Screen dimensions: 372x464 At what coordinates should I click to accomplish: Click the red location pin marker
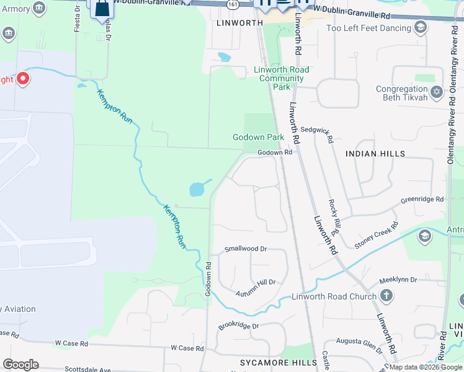[23, 78]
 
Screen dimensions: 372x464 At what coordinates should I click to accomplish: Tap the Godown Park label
[258, 137]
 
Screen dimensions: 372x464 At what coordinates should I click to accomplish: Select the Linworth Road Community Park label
[282, 78]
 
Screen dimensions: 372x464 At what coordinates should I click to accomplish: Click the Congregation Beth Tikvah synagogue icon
[437, 92]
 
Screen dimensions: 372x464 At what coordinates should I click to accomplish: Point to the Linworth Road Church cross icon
[386, 296]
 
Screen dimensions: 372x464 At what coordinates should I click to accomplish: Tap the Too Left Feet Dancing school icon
[421, 27]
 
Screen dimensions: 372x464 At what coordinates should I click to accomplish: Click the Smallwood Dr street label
[245, 249]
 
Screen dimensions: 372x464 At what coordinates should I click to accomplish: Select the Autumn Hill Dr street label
[256, 282]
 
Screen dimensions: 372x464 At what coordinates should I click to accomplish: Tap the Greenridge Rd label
[422, 200]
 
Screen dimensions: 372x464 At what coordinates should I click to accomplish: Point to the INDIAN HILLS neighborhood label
[375, 153]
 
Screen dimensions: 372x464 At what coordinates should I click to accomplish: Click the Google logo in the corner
[20, 365]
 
